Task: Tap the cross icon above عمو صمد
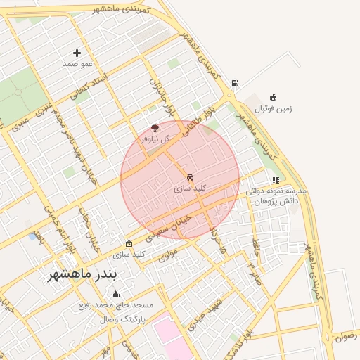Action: [77, 53]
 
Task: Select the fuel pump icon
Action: [234, 83]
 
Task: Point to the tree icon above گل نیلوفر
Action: [155, 128]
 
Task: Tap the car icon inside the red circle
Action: [190, 176]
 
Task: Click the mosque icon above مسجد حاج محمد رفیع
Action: [115, 294]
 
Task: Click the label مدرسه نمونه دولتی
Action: [276, 191]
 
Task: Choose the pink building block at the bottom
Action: [172, 338]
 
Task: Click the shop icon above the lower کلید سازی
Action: [128, 243]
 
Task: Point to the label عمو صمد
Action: [77, 64]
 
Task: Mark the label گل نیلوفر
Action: [155, 139]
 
